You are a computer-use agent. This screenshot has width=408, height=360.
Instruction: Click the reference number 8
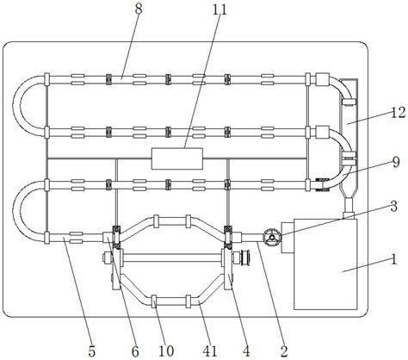click(x=139, y=9)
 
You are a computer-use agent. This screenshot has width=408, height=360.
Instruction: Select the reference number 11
click(x=219, y=9)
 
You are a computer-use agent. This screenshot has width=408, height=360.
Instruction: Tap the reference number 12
click(x=398, y=112)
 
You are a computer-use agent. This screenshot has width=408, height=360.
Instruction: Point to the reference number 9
click(x=396, y=163)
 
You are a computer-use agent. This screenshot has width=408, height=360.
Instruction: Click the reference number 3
click(x=393, y=206)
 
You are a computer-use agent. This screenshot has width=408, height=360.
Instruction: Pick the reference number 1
click(x=394, y=259)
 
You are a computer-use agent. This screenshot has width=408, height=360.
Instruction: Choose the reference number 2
click(x=284, y=351)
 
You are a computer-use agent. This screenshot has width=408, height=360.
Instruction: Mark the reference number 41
click(x=210, y=351)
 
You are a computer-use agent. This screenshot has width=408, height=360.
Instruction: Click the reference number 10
click(x=166, y=351)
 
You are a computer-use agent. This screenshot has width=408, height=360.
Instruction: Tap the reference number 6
click(x=135, y=351)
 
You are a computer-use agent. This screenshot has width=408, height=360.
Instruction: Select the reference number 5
click(x=91, y=351)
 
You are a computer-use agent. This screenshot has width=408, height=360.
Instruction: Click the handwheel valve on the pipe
click(x=272, y=237)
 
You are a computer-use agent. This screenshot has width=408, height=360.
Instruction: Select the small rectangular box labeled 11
click(x=177, y=158)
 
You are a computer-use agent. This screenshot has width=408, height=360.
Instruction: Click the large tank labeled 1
click(x=325, y=264)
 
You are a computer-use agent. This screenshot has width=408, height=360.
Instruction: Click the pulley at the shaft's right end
click(x=246, y=258)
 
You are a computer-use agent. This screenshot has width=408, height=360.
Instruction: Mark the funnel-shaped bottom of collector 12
click(x=349, y=193)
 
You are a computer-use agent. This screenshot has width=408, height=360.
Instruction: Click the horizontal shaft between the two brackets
click(x=172, y=258)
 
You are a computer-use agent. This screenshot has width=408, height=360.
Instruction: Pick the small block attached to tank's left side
click(x=287, y=238)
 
